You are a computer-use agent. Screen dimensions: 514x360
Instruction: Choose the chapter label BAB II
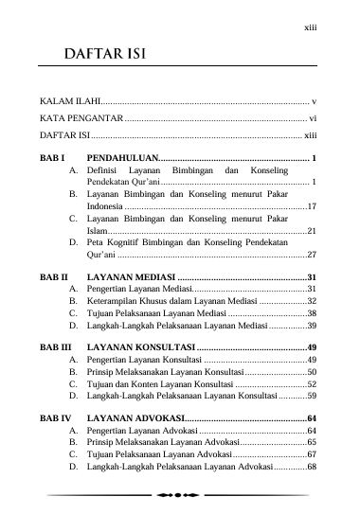56,276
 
